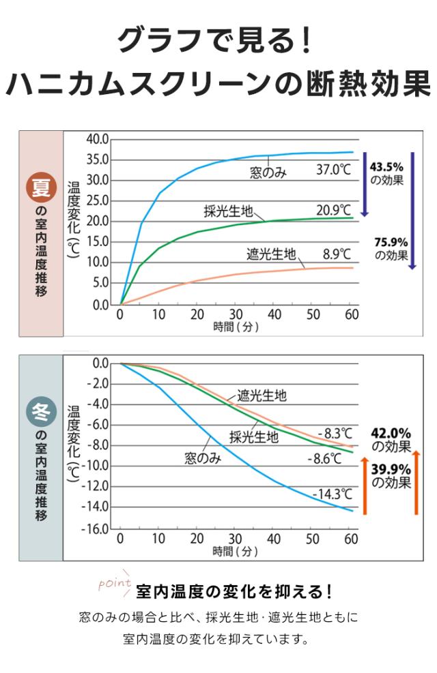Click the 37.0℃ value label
pos(333,170)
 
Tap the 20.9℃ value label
pos(333,210)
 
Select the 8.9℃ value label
pos(337,254)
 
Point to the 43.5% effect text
pos(386,173)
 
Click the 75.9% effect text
pos(391,248)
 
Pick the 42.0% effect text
pos(391,440)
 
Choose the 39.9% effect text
pos(391,476)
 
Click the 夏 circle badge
pos(41,188)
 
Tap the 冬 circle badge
pos(41,412)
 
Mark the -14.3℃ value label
pos(332,494)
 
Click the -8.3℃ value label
pos(335,433)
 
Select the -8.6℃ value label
pos(324,459)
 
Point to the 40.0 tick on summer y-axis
pos(98,139)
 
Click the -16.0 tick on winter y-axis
pos(96,529)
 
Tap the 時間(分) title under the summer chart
pos(236,327)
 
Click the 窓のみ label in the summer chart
pos(268,173)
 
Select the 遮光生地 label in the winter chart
pos(262,395)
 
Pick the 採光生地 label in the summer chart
pos(228,211)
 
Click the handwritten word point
pos(115,583)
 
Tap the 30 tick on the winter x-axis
pos(235,539)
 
